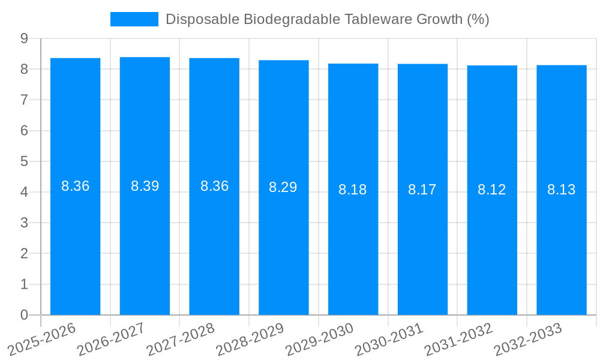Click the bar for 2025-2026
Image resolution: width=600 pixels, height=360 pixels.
click(75, 240)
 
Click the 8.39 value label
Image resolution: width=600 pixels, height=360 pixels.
click(145, 186)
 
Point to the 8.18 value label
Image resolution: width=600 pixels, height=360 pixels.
click(352, 190)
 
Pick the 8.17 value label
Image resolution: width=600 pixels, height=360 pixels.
click(422, 190)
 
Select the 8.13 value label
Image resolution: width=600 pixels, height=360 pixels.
click(561, 190)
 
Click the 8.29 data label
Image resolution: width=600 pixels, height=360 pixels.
click(283, 187)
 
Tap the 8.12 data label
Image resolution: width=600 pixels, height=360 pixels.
click(491, 190)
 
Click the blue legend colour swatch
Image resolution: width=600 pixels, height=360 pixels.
click(134, 19)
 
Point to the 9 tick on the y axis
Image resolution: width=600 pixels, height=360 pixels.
click(24, 38)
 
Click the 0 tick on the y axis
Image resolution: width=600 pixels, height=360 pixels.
click(24, 315)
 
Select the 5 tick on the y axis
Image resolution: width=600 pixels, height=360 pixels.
click(24, 161)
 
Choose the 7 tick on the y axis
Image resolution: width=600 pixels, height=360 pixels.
click(24, 100)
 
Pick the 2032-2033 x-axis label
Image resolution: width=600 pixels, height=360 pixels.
click(529, 339)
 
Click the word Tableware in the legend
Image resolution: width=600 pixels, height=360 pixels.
click(374, 19)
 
